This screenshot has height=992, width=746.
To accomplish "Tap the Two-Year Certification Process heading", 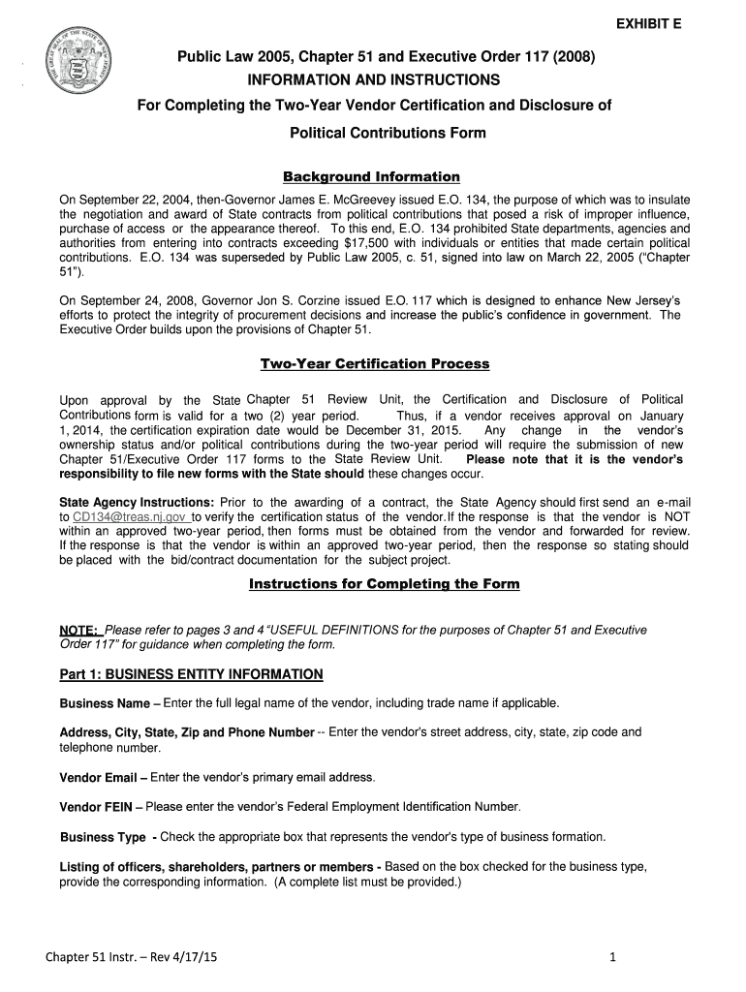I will [374, 364].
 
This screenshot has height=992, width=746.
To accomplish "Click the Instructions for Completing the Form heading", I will [384, 584].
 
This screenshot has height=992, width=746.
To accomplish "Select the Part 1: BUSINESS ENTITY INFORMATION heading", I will [191, 673].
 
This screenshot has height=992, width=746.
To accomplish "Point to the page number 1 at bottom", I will [613, 959].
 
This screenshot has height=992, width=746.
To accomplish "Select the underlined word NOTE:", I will [79, 631].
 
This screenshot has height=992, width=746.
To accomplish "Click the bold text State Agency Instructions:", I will [137, 502].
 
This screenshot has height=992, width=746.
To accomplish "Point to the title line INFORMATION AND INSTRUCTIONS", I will [373, 79].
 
